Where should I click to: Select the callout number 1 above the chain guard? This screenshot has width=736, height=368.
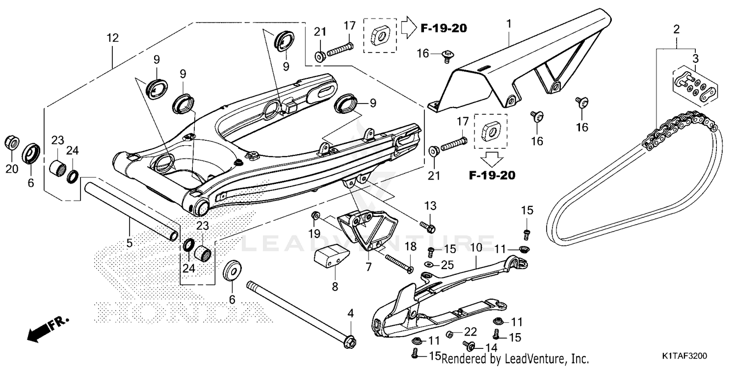pyautogui.click(x=509, y=24)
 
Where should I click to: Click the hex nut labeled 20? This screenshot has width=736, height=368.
pyautogui.click(x=12, y=143)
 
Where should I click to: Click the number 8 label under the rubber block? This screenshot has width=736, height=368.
pyautogui.click(x=335, y=287)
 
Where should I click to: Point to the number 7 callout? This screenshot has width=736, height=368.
pyautogui.click(x=368, y=267)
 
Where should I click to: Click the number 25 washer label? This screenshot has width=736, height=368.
pyautogui.click(x=447, y=265)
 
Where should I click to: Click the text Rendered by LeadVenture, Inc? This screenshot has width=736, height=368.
pyautogui.click(x=515, y=359)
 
